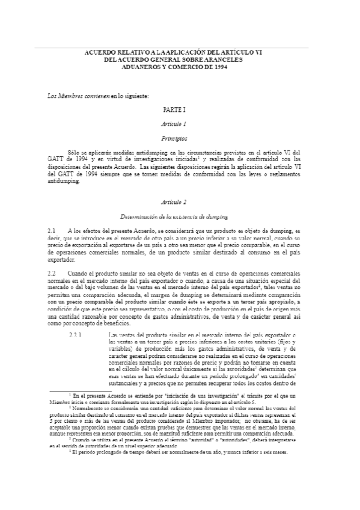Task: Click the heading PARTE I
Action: pos(179,111)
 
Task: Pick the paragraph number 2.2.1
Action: pos(76,334)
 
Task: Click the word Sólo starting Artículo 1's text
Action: pos(75,153)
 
